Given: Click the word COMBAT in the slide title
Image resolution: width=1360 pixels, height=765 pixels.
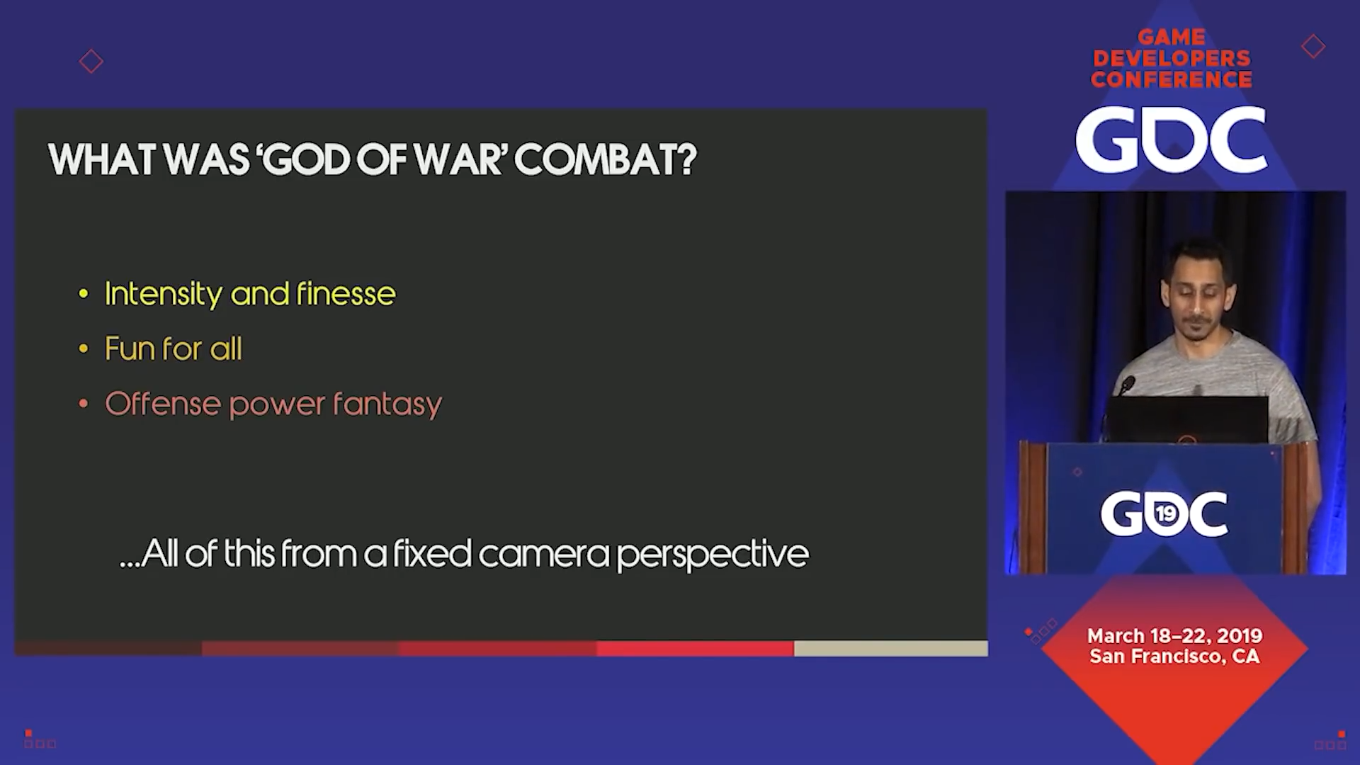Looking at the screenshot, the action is [606, 160].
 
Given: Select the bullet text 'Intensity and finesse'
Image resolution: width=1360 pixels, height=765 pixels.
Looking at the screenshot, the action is [250, 294].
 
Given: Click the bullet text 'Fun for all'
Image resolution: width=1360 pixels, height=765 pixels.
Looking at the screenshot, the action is [174, 348].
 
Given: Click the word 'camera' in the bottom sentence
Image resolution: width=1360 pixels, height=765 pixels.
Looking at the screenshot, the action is [544, 554].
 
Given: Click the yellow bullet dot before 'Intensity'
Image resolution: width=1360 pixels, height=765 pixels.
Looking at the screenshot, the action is [84, 294].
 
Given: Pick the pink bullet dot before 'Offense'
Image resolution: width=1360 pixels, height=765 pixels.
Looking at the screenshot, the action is [84, 404].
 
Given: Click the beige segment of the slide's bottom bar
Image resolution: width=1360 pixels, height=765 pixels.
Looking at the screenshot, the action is [890, 648].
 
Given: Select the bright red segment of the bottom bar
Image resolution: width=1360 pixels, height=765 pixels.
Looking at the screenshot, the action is [695, 648].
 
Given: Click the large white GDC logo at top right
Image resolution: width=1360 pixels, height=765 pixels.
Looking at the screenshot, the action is [1171, 140].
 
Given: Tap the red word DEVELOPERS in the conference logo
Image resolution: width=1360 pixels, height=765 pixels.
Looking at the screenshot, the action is [1172, 58].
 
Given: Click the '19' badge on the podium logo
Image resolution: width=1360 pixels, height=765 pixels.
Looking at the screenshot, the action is [1165, 513].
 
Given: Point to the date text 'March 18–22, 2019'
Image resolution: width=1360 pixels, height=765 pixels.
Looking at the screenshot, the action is [1174, 635].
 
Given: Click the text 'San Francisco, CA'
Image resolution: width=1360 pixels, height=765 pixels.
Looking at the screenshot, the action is [1174, 657].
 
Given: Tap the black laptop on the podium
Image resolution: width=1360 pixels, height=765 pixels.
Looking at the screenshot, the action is [1186, 419].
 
